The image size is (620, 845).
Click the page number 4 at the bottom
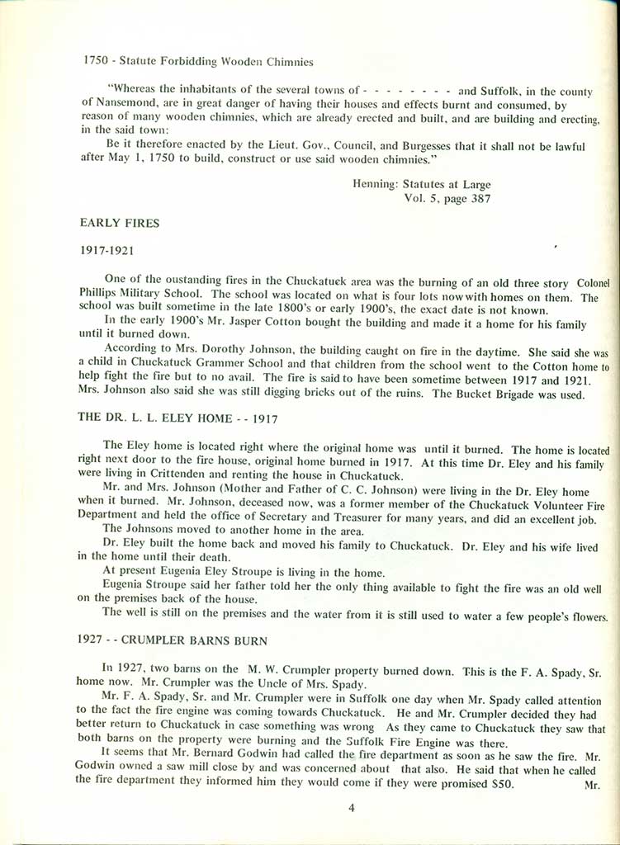click(x=352, y=808)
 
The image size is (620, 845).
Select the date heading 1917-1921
click(x=107, y=248)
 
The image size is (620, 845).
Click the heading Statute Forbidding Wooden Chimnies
click(x=218, y=60)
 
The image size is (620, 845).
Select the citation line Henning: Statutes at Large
click(x=421, y=184)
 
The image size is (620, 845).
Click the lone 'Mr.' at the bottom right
click(x=592, y=786)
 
